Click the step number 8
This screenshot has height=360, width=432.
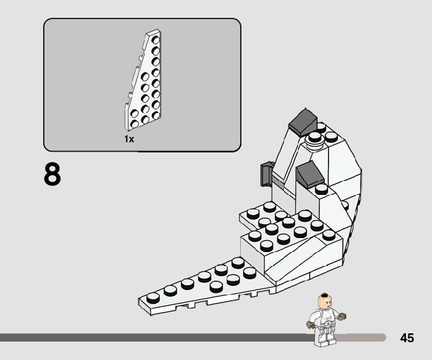52,175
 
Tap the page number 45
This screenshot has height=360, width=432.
407,338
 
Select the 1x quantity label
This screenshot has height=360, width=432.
130,138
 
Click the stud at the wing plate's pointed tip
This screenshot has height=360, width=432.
152,297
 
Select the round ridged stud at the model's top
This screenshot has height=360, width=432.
314,138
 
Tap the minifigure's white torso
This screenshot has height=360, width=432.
325,319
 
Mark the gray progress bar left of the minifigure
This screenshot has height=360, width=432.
159,338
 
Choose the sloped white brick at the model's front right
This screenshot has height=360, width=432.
299,260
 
